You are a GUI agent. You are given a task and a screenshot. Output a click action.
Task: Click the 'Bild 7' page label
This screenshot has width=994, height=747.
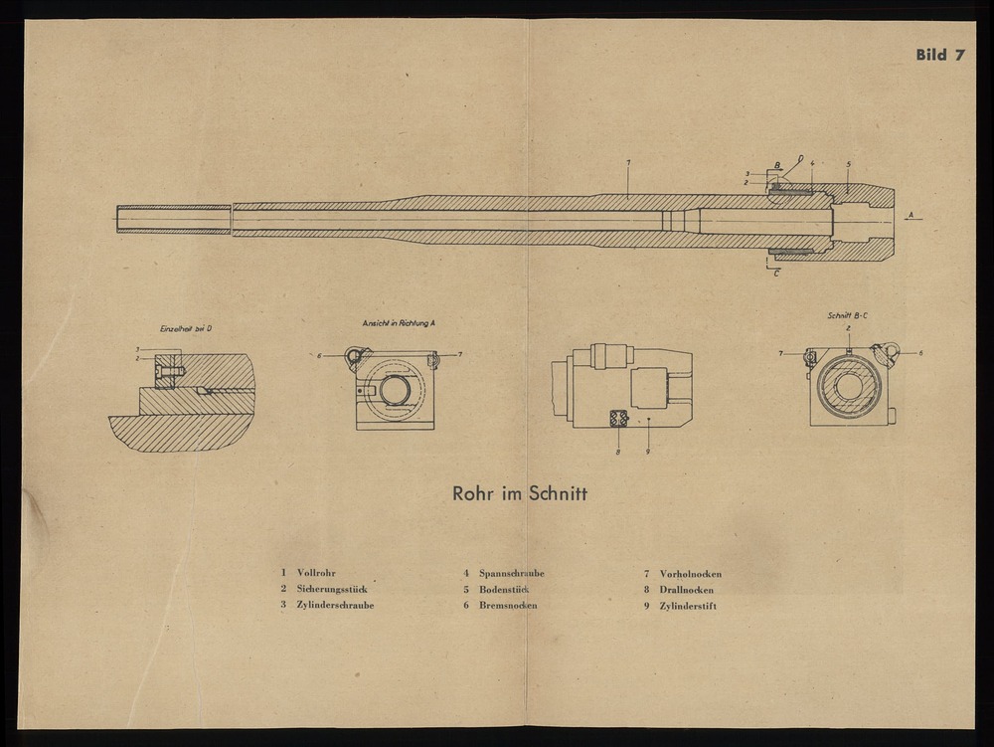(x=939, y=55)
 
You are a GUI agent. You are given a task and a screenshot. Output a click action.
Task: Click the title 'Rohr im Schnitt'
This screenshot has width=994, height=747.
(x=519, y=492)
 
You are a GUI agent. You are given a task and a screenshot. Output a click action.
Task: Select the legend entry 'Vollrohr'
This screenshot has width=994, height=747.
(x=315, y=573)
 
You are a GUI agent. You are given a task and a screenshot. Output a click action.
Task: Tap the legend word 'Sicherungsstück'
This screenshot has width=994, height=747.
(x=332, y=589)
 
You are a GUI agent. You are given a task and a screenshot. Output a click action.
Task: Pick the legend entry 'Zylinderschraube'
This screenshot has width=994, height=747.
(x=335, y=605)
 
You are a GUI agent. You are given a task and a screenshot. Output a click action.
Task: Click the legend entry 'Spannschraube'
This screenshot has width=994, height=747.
(x=511, y=573)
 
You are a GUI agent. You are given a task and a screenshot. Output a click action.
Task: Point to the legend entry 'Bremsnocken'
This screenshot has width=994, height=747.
(x=508, y=605)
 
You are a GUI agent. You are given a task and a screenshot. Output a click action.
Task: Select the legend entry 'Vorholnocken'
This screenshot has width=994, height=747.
(x=690, y=573)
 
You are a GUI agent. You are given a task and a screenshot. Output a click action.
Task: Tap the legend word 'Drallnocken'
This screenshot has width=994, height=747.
(x=686, y=589)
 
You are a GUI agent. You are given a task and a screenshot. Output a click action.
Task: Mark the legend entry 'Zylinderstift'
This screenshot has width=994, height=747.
(x=688, y=605)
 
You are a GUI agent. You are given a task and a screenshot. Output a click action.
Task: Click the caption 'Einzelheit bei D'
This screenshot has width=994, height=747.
(x=185, y=328)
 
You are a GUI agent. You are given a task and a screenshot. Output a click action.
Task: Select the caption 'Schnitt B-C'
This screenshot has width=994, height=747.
(x=848, y=315)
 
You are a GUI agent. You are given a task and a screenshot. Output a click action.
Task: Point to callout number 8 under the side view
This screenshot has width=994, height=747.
(x=616, y=452)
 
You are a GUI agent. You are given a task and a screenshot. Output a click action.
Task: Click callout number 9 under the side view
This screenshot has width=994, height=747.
(x=647, y=452)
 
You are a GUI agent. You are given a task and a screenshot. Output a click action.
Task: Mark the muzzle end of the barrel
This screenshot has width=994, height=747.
(x=120, y=219)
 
